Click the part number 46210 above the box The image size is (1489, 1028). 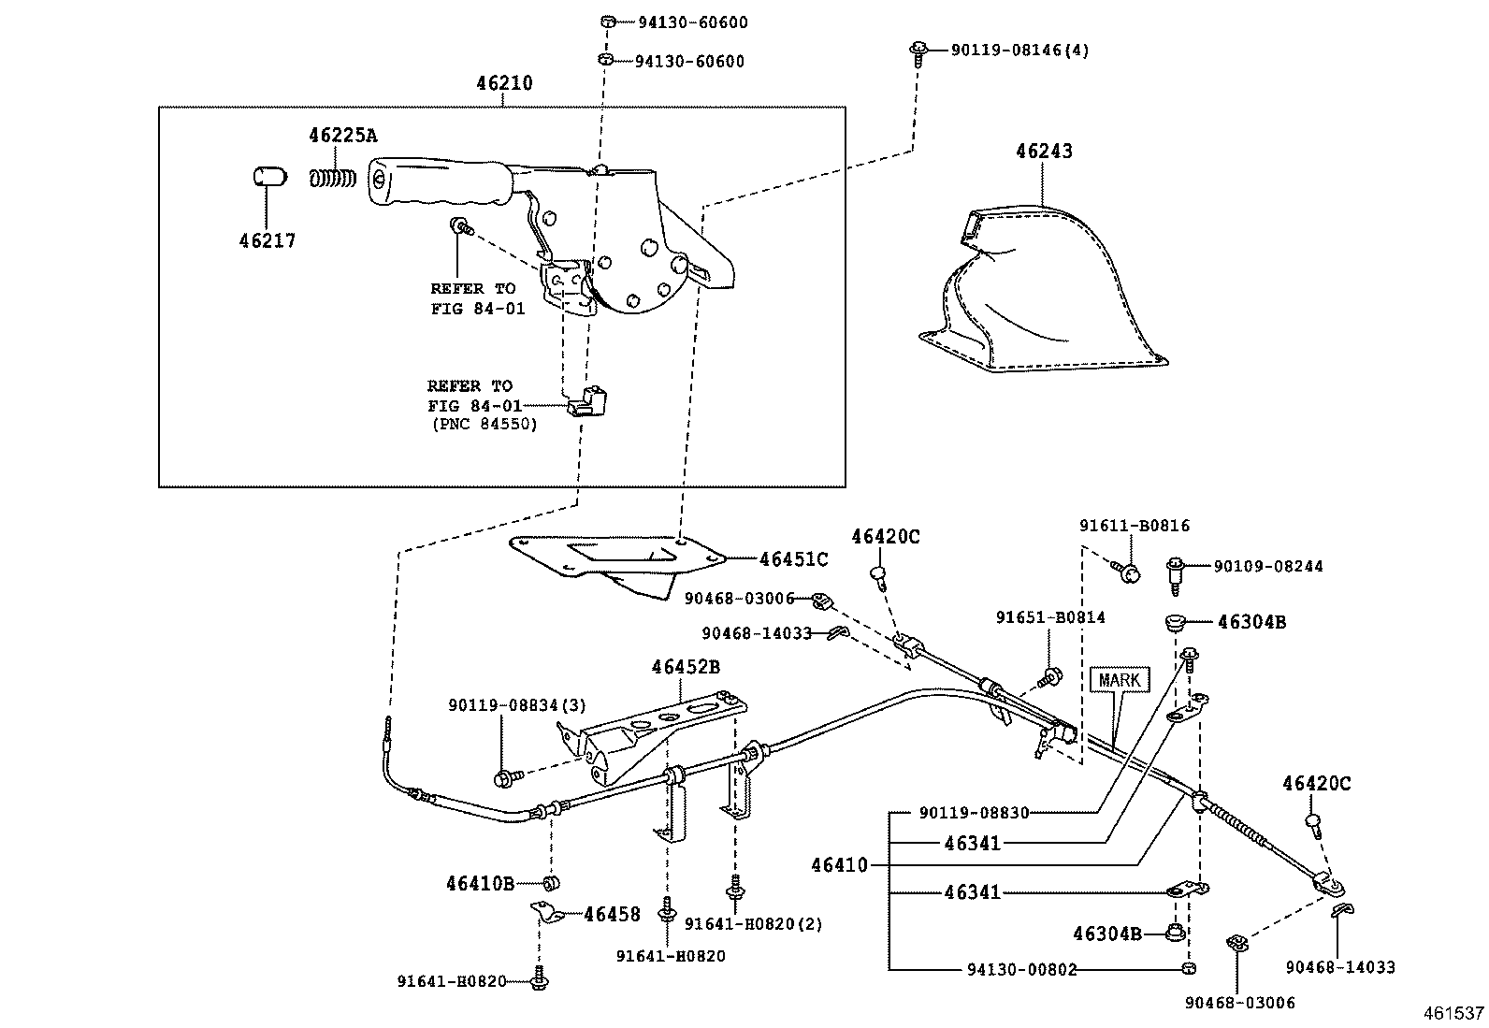pos(503,83)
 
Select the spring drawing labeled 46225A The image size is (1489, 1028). pos(333,177)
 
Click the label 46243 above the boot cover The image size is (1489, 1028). pos(1044,152)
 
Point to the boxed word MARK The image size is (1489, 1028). pos(1119,680)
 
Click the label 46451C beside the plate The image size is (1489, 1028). pos(793,559)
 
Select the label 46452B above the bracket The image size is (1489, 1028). pos(686,667)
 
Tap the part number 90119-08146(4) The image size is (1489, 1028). pos(1019,51)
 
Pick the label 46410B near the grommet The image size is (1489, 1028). pos(480,882)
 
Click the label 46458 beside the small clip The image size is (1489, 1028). pos(612,914)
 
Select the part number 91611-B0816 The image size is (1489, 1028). pos(1134,526)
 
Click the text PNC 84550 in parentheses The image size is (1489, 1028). pos(484,424)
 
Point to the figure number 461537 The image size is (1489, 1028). pos(1453,1012)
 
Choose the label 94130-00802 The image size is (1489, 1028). pos(1021,970)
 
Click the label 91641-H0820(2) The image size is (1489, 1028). pos(753,924)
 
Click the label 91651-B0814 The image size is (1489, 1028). pos(1049,617)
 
